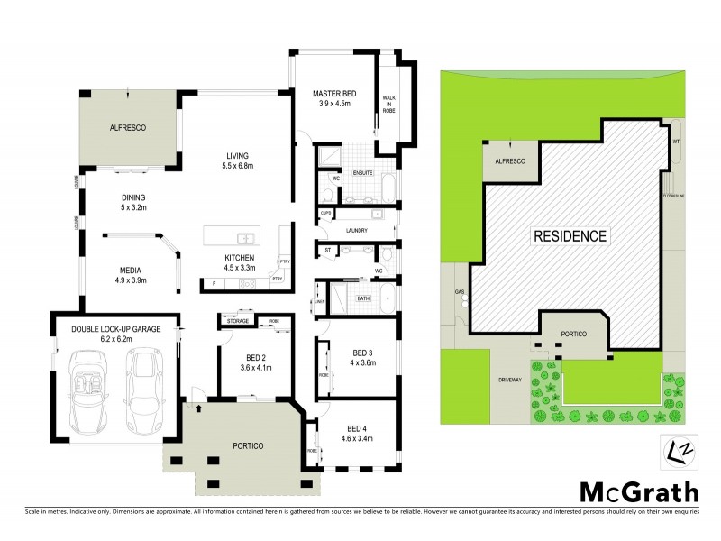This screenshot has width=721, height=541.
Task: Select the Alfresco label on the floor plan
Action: coord(128,128)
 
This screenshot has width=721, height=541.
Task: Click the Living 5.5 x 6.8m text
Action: coord(238,160)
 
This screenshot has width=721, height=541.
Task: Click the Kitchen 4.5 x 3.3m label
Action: coord(241,261)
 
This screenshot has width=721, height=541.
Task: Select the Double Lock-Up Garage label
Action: coord(116,335)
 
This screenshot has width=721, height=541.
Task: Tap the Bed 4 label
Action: coord(359,433)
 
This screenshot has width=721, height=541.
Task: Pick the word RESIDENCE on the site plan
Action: coord(571,237)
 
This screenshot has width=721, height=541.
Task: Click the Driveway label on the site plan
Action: coord(509,381)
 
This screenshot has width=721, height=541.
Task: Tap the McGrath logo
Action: coord(638,492)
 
